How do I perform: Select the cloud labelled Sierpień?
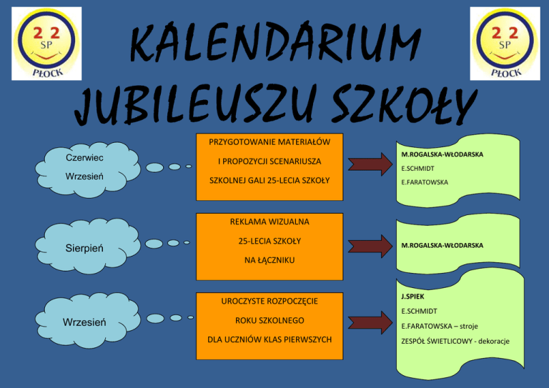pyautogui.click(x=85, y=248)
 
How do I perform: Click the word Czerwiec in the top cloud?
pyautogui.click(x=84, y=157)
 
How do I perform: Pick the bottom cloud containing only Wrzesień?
pyautogui.click(x=85, y=322)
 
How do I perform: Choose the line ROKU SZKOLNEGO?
pyautogui.click(x=269, y=320)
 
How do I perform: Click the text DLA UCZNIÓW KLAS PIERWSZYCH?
pyautogui.click(x=269, y=339)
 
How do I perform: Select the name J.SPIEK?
pyautogui.click(x=413, y=296)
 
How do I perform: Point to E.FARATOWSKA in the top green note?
pyautogui.click(x=425, y=182)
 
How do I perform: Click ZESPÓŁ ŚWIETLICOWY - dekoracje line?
pyautogui.click(x=455, y=341)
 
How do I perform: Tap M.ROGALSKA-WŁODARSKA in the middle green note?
pyautogui.click(x=442, y=245)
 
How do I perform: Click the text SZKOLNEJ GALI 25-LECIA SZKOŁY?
pyautogui.click(x=269, y=180)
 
